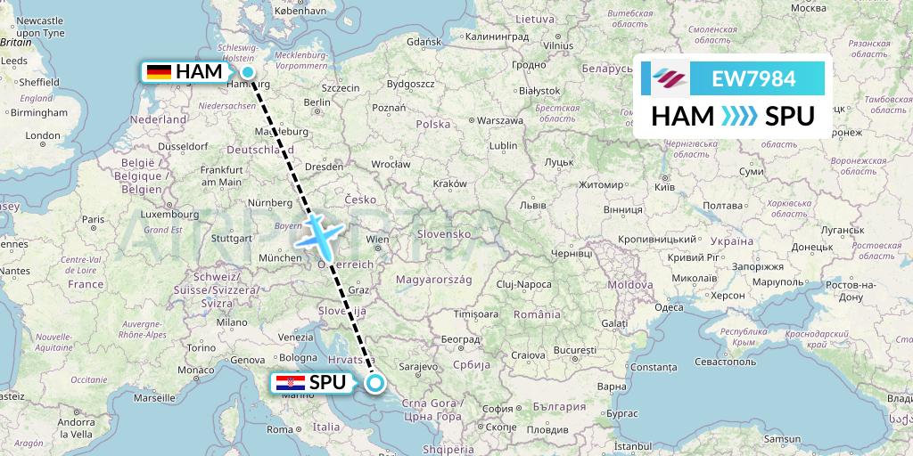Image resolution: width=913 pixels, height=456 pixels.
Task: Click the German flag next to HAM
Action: tap(159, 71)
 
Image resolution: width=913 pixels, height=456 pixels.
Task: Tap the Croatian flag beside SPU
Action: tap(292, 383)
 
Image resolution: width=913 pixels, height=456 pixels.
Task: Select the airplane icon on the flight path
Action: tap(318, 234)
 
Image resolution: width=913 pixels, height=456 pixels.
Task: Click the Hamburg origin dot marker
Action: tap(248, 73)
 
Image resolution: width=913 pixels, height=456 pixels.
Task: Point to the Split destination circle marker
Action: tap(374, 384)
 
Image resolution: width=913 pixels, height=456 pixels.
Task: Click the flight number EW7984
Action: tap(753, 78)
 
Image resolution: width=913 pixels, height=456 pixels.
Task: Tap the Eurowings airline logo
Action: tap(670, 78)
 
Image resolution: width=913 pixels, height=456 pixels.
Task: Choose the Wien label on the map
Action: tap(378, 239)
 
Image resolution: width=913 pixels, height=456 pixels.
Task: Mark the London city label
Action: tap(42, 136)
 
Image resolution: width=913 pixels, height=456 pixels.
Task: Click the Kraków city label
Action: tap(449, 183)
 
